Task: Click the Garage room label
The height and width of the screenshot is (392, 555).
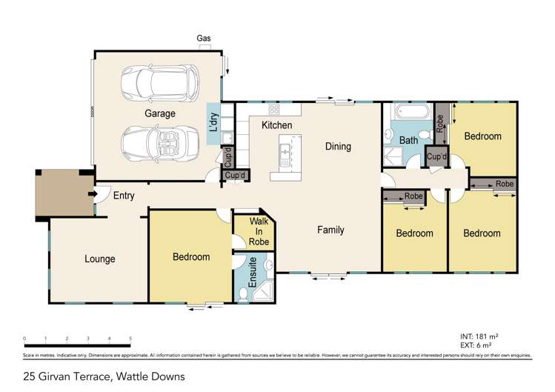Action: [160, 113]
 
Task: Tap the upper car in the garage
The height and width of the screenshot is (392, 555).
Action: [160, 83]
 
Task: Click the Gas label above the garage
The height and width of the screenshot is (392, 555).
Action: [203, 38]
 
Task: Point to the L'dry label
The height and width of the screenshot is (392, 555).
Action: [213, 121]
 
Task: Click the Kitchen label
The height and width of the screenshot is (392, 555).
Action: [276, 125]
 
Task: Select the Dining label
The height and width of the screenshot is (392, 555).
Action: [338, 147]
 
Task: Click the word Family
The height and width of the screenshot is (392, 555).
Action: [330, 230]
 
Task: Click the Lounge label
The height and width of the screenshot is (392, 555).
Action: [99, 259]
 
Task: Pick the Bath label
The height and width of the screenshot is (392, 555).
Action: [408, 140]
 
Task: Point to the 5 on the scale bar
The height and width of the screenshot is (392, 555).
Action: [130, 339]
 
